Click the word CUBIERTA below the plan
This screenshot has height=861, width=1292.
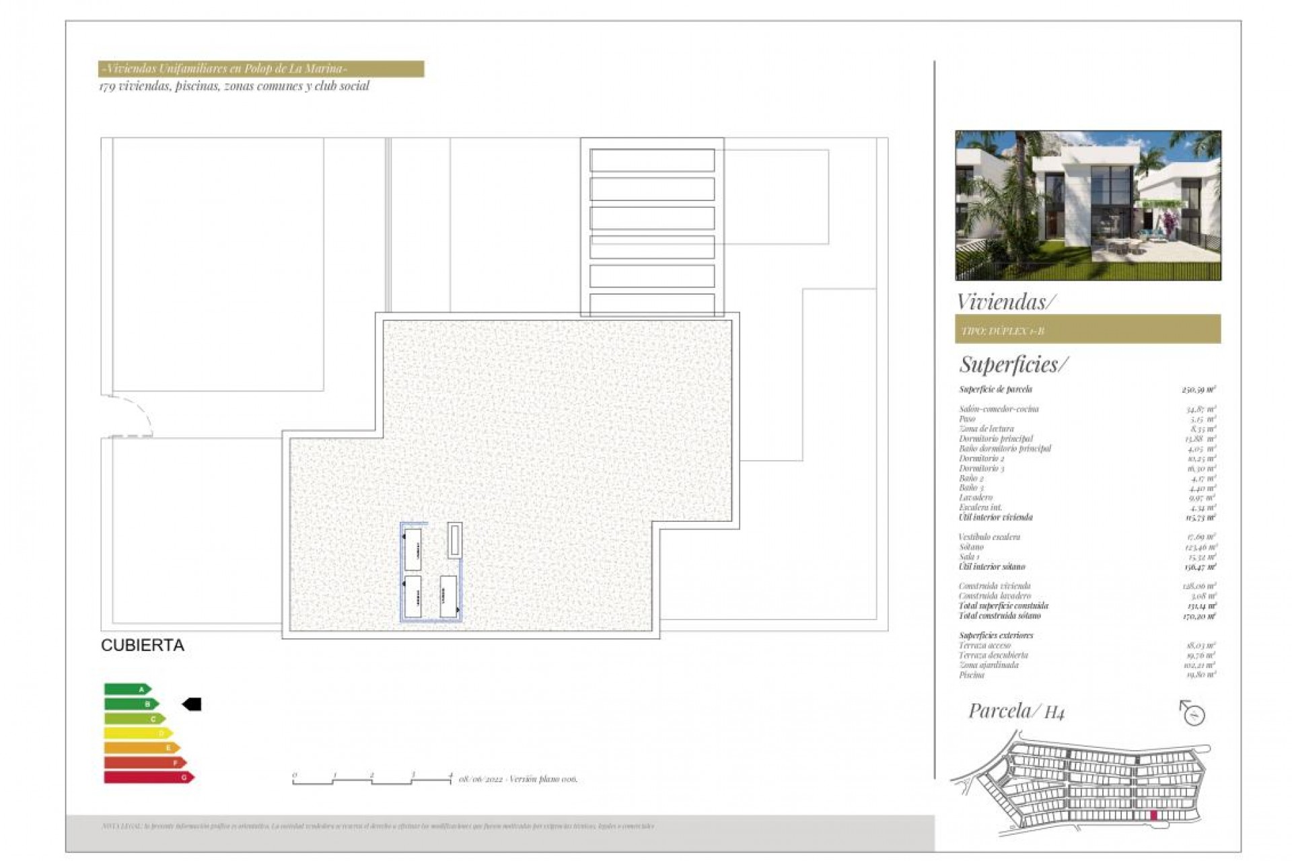coord(142,645)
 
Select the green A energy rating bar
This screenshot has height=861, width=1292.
coord(127,689)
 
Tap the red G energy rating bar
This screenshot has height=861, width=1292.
coord(149,778)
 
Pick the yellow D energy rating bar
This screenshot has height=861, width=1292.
coord(138,733)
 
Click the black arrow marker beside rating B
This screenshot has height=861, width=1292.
coord(192,704)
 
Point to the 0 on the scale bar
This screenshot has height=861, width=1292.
coord(295,775)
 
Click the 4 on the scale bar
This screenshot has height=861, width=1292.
coord(451,775)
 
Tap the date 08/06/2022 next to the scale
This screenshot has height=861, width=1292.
coord(480,779)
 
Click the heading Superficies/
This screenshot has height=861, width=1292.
coord(1013,365)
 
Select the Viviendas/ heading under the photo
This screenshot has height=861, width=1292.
coord(1005,301)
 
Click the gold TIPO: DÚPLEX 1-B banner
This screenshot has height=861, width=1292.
coord(1087,330)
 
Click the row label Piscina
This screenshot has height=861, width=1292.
coord(971,675)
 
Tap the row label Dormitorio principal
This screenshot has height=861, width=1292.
coord(995,439)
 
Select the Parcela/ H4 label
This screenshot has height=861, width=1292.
coord(1016,710)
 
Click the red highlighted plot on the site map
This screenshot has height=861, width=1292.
coord(1153,815)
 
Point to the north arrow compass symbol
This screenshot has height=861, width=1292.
coord(1192,713)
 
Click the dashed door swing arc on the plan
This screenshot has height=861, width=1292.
coord(138,412)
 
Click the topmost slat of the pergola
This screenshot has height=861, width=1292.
coord(651,160)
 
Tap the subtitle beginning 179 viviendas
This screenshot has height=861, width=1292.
coord(234,86)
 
